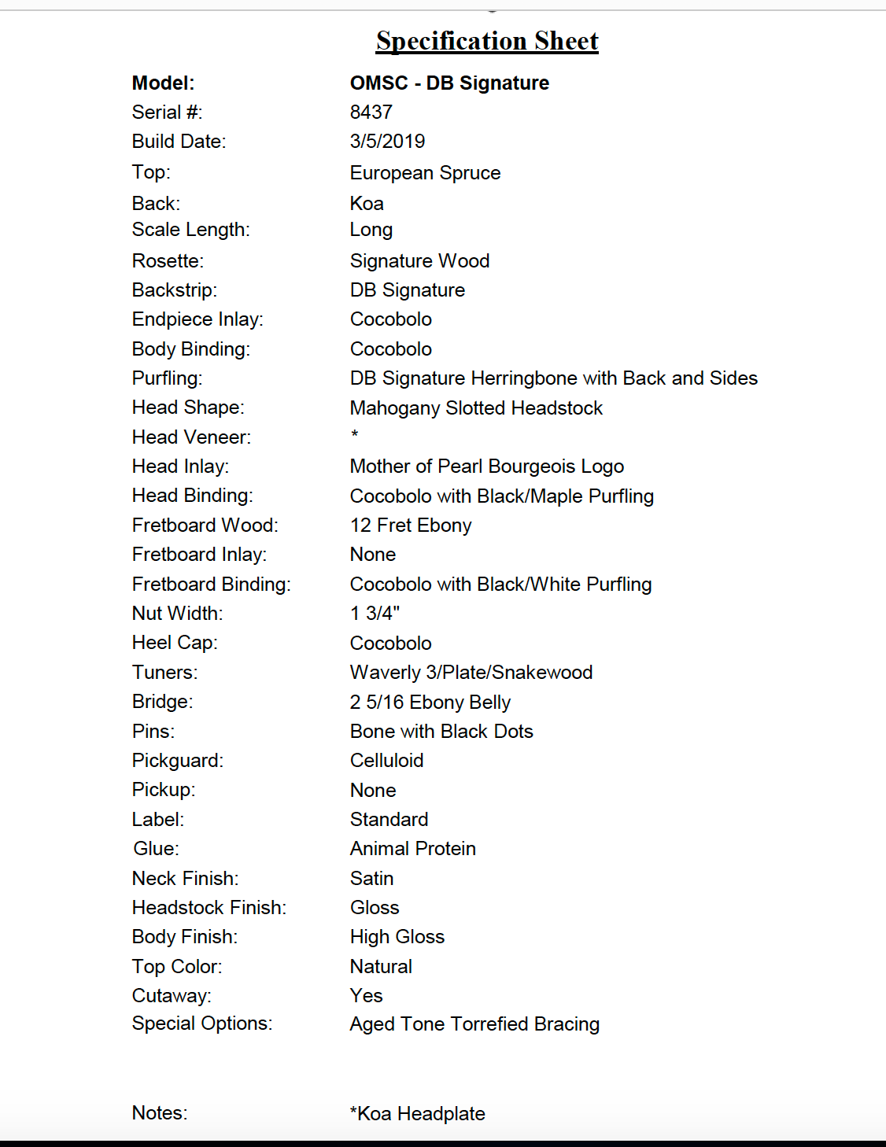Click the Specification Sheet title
click(487, 41)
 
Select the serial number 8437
click(371, 112)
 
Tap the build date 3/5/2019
click(387, 142)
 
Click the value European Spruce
click(425, 173)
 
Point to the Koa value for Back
click(367, 204)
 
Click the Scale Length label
click(190, 230)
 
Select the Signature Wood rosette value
click(419, 261)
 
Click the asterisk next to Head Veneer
click(355, 434)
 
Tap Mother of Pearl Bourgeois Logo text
click(486, 467)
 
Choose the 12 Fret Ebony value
click(411, 526)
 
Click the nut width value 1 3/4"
click(375, 614)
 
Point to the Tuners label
click(164, 673)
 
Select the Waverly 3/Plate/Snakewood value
click(471, 673)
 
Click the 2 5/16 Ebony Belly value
click(430, 703)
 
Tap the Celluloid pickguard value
click(386, 761)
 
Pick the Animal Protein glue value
click(412, 849)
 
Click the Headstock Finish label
click(209, 908)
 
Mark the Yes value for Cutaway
click(366, 996)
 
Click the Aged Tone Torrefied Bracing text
click(474, 1024)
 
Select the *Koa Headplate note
click(417, 1114)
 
